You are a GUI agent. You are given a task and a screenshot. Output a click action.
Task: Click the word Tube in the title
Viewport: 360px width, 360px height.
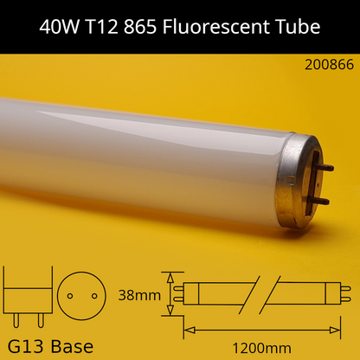pos(297,27)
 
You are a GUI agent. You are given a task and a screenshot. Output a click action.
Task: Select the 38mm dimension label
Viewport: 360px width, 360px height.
pos(140,295)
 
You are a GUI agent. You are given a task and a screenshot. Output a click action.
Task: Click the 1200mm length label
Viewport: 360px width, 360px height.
pos(260,347)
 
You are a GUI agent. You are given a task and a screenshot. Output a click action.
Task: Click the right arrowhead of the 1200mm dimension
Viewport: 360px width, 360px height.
pos(344,329)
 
